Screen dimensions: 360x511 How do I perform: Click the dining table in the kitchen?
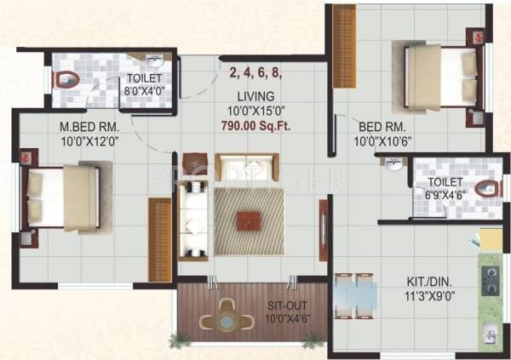point(354,299)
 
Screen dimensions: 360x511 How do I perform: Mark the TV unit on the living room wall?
point(323,225)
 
